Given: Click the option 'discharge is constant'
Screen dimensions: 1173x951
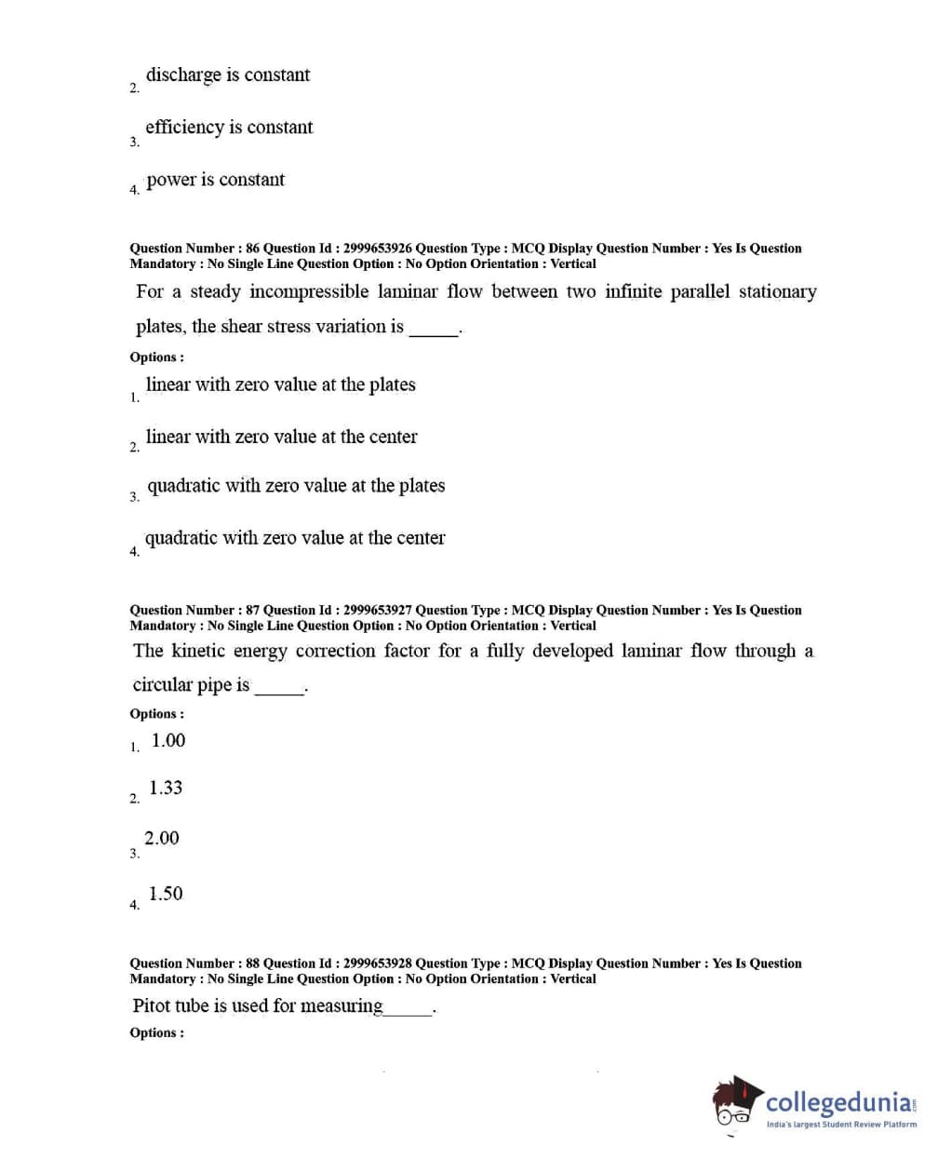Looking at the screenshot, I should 228,75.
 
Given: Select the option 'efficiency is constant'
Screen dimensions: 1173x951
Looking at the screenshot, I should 229,128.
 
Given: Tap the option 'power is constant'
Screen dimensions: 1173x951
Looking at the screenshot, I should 215,180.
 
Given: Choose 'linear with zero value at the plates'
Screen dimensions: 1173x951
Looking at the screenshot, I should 280,384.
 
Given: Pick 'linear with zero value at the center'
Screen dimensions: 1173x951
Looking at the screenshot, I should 281,437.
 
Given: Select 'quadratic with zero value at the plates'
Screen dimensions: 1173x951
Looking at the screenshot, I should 296,486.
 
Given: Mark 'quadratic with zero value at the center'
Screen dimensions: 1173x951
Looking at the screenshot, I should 295,538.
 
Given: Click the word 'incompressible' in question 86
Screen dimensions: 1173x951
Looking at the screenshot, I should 309,292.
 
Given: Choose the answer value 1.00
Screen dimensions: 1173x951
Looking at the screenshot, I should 168,741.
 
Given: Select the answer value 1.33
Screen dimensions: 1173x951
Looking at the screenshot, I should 166,789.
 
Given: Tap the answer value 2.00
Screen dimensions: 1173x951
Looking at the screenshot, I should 162,839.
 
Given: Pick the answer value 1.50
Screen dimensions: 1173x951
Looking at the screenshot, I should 166,894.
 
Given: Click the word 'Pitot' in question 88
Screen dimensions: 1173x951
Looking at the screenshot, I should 151,1006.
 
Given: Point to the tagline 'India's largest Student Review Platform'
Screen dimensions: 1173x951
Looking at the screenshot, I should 841,1125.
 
